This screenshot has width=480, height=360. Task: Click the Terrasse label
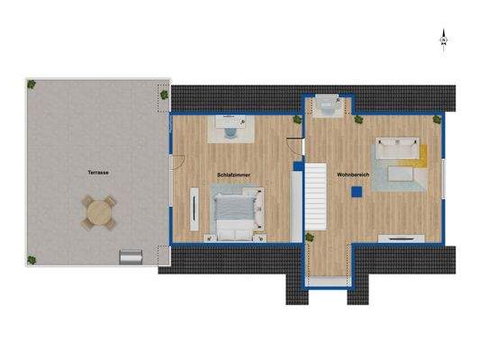[98, 171]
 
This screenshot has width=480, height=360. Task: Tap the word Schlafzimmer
[233, 174]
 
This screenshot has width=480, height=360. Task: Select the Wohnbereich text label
[353, 174]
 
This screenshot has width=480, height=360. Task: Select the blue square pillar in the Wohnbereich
[358, 190]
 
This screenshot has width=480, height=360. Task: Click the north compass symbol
[443, 40]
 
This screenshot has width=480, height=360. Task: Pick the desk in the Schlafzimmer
[231, 128]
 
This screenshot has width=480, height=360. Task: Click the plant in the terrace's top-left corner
[32, 85]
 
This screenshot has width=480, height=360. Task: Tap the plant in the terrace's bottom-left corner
[32, 259]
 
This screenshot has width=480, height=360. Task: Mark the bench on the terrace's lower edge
[131, 257]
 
